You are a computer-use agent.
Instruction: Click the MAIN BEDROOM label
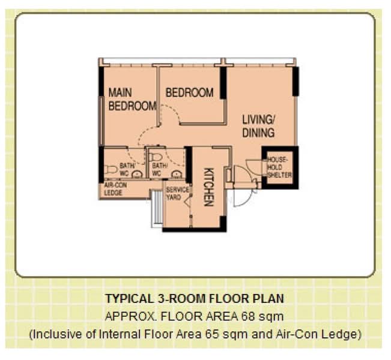tap(132, 100)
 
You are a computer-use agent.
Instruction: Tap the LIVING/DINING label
tap(258, 126)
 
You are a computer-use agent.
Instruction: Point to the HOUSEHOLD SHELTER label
tap(279, 167)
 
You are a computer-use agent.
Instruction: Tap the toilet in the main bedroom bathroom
tap(110, 169)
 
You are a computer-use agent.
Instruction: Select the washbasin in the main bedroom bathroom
tap(136, 175)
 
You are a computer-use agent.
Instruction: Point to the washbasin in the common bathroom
tap(175, 173)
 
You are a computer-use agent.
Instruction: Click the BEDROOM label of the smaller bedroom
tap(189, 92)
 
